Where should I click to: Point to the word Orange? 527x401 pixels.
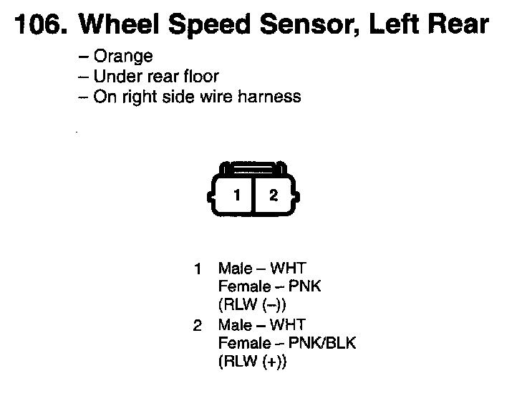tap(122, 57)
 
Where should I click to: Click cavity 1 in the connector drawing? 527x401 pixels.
tap(236, 194)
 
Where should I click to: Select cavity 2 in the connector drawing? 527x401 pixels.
tap(273, 194)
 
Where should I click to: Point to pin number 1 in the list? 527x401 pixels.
tap(198, 269)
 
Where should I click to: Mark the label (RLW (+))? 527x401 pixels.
tap(252, 362)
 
